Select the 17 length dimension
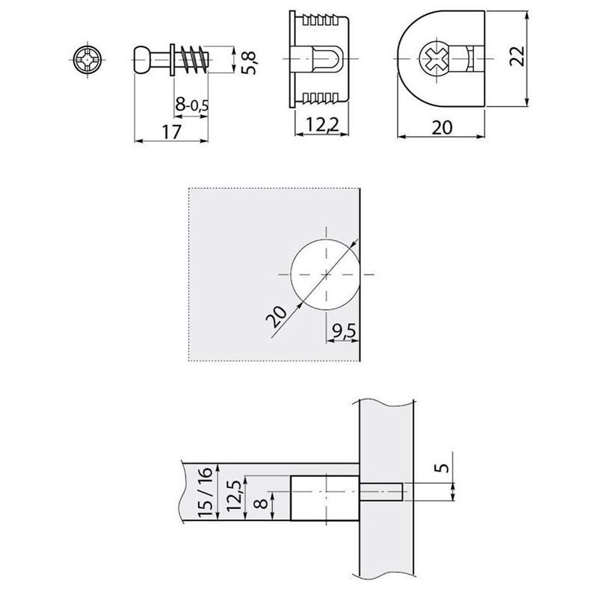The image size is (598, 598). [171, 132]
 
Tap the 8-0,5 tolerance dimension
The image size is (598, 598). [192, 104]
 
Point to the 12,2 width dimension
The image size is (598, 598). [322, 124]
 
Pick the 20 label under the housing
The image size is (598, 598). [442, 127]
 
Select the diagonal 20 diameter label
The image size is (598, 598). [276, 317]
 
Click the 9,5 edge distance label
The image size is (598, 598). [344, 330]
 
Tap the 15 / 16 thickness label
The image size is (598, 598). [205, 492]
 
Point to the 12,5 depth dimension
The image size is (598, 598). [233, 496]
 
